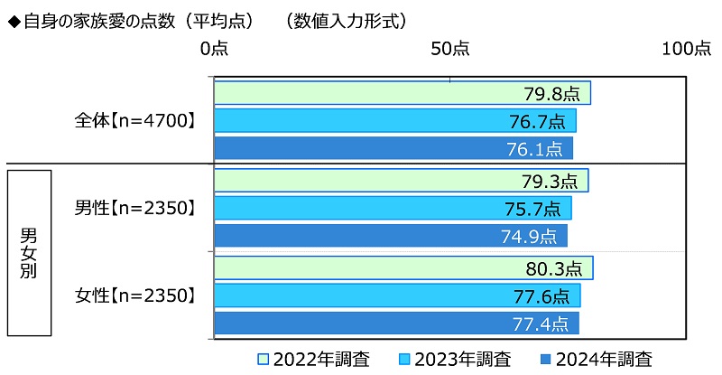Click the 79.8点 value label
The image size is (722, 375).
[551, 93]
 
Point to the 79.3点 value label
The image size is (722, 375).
[549, 181]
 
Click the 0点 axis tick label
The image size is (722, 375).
[214, 49]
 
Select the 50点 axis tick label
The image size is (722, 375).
[449, 49]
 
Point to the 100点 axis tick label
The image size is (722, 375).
[686, 49]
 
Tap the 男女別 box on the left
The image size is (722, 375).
[29, 253]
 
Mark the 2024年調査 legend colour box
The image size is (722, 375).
[545, 358]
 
